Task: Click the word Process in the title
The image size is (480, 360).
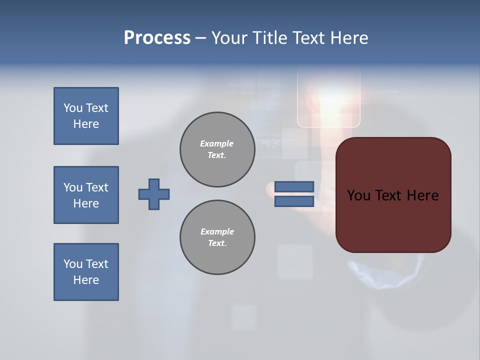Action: tap(157, 38)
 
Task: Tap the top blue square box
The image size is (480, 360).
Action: tap(86, 116)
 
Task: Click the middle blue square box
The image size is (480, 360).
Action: tap(86, 195)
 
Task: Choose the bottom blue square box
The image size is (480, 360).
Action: tap(86, 272)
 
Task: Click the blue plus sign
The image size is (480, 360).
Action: tap(154, 194)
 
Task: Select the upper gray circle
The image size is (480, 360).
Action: tap(217, 149)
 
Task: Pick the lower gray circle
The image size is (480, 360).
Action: tap(217, 237)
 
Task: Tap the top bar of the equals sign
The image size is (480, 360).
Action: tap(294, 186)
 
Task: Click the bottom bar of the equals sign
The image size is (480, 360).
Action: tap(294, 201)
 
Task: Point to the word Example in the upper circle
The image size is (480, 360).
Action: tap(217, 143)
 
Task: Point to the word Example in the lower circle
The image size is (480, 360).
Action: tap(217, 231)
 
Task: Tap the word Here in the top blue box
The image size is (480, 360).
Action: tap(86, 124)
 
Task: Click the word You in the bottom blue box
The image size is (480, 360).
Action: tap(73, 264)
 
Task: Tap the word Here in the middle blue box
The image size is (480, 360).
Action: tap(86, 203)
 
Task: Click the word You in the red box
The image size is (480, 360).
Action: tap(358, 195)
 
